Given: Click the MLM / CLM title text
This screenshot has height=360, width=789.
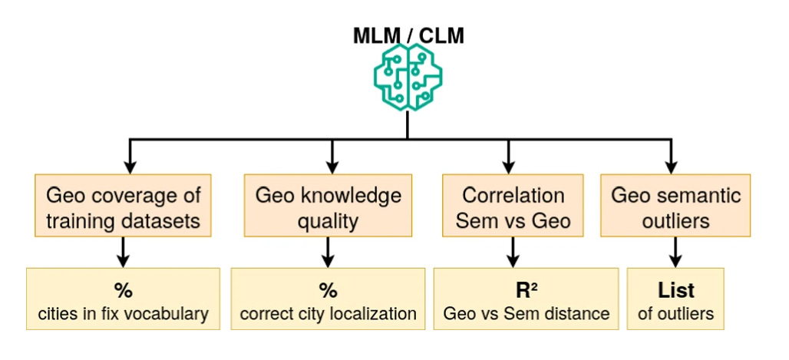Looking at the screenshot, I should [x=408, y=35].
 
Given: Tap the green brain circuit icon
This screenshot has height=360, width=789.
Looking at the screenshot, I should [x=407, y=78].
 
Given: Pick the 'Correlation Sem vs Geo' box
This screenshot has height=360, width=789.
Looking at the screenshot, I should [x=513, y=207].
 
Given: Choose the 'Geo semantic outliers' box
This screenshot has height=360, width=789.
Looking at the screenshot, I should [x=675, y=207].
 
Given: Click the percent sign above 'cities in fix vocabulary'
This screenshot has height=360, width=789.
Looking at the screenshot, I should [x=124, y=291].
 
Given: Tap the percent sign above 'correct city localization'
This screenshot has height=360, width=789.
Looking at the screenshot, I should [x=328, y=291].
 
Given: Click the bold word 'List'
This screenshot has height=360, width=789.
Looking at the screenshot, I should [x=675, y=291].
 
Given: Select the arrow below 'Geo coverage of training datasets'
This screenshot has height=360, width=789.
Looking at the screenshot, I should [x=124, y=252].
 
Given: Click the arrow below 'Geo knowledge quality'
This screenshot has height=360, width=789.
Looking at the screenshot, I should [x=328, y=252].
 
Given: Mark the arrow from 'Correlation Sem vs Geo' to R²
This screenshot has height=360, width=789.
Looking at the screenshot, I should [x=513, y=252].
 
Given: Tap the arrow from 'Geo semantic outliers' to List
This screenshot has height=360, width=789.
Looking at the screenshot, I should [x=675, y=252].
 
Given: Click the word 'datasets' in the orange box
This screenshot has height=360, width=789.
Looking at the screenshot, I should [x=165, y=221].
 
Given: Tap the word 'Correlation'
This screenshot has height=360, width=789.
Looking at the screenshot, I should [x=513, y=195].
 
